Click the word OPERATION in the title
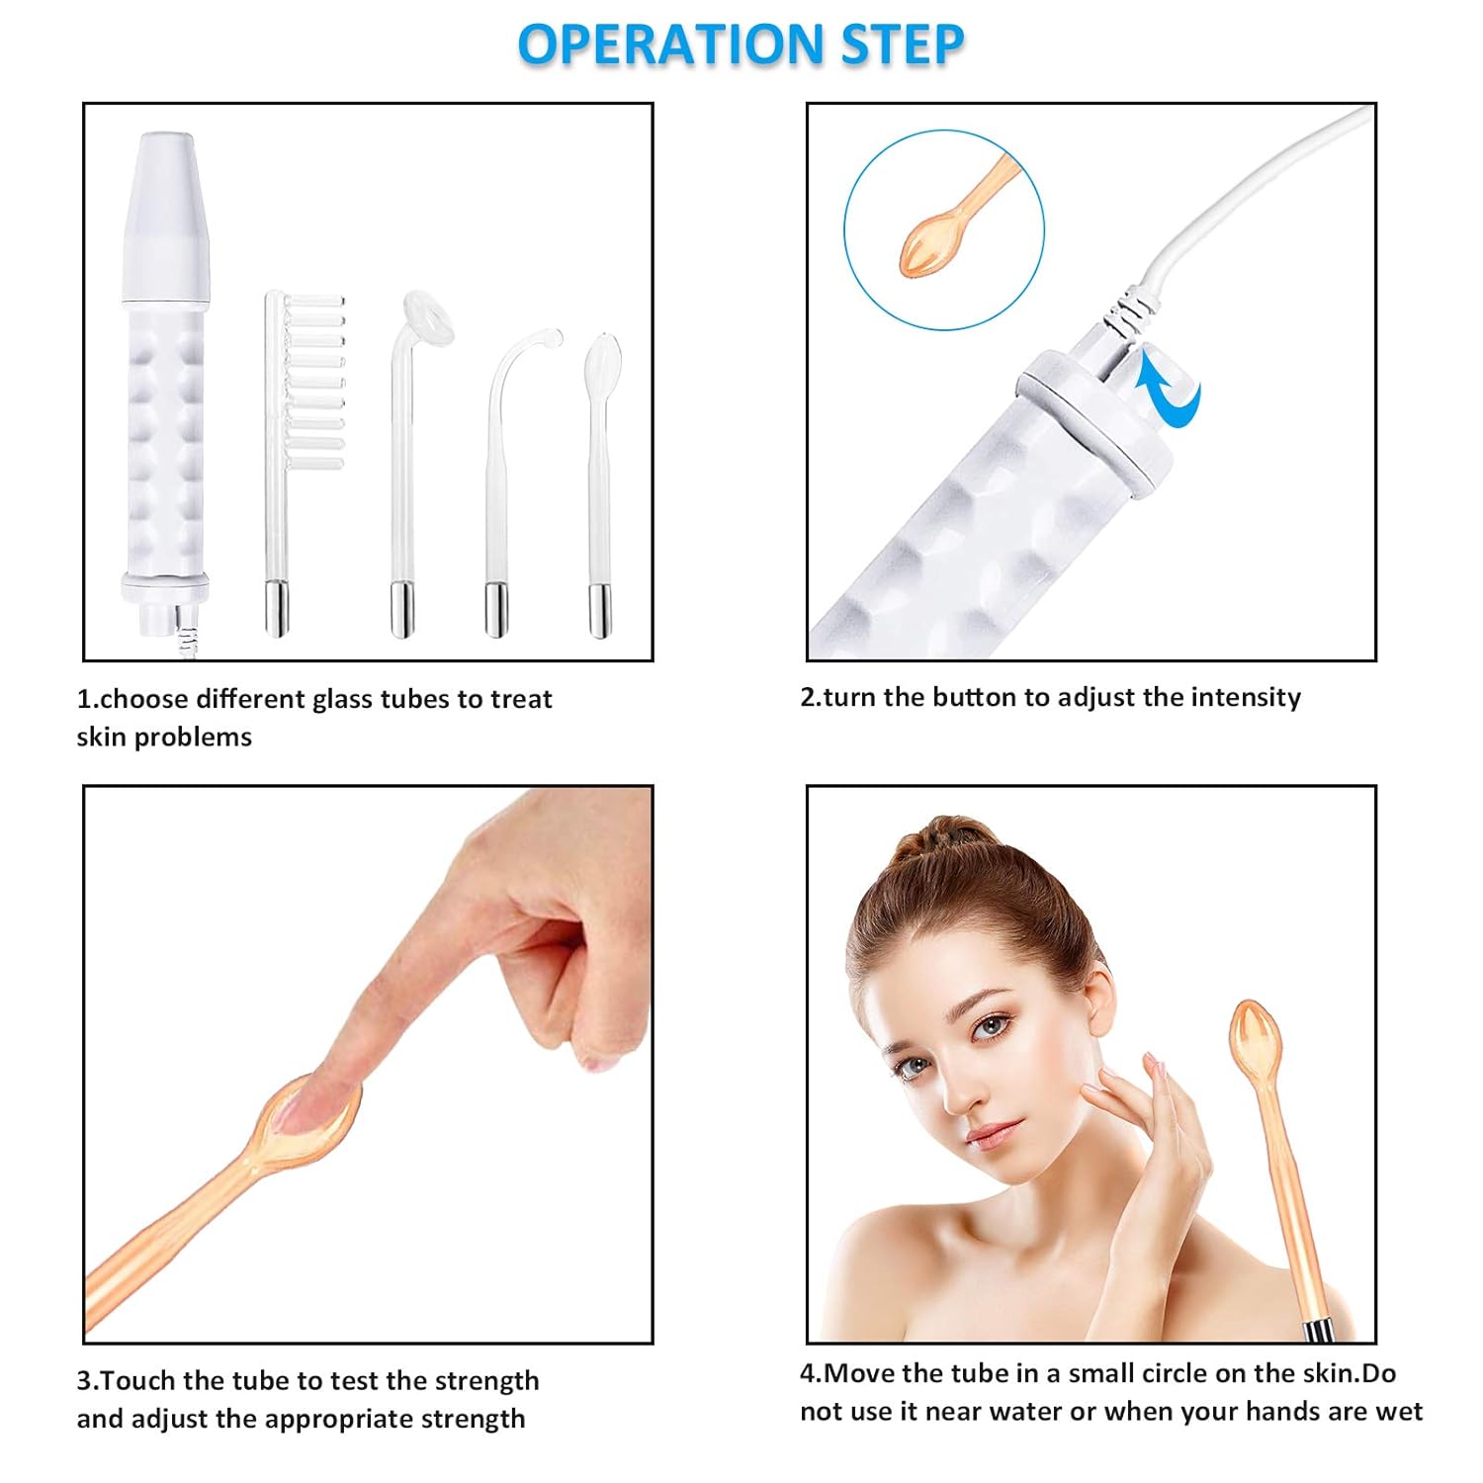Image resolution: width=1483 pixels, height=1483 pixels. click(670, 45)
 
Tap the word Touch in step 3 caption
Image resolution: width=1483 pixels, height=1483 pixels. click(138, 1380)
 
